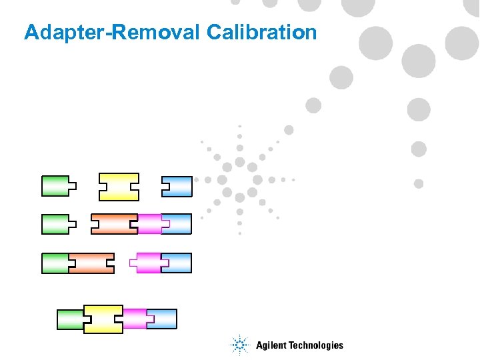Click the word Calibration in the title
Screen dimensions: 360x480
[x=262, y=32]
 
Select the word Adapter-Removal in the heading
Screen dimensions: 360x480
[x=112, y=32]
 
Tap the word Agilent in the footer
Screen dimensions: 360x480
[x=271, y=345]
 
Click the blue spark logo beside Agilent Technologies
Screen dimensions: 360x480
[x=239, y=345]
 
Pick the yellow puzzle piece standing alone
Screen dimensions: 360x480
[x=119, y=187]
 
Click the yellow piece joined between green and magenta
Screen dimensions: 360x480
[x=103, y=319]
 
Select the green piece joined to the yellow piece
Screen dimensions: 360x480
[x=70, y=319]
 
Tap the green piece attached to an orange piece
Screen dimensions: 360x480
[x=55, y=263]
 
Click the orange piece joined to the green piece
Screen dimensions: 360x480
[x=92, y=263]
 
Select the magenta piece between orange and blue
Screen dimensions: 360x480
[x=149, y=224]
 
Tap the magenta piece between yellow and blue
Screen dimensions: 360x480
[x=135, y=319]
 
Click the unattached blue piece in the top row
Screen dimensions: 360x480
[x=177, y=187]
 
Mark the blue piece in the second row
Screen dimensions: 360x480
[x=177, y=224]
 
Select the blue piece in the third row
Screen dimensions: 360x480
[x=177, y=263]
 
